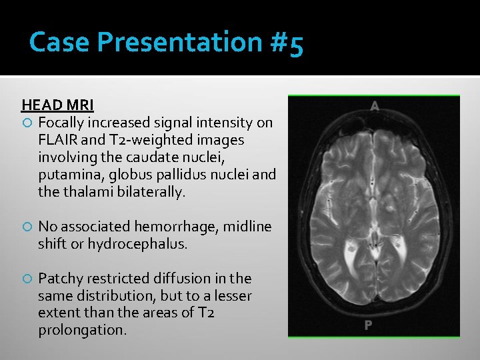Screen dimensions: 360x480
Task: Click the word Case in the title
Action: [59, 42]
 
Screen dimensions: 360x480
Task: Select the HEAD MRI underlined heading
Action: [57, 105]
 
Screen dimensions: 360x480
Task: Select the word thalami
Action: [85, 193]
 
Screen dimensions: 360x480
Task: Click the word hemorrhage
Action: [180, 227]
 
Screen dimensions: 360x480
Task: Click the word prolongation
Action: [81, 330]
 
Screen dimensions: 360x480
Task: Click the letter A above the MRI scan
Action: [375, 106]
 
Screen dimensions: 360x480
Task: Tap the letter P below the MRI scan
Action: [367, 325]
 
